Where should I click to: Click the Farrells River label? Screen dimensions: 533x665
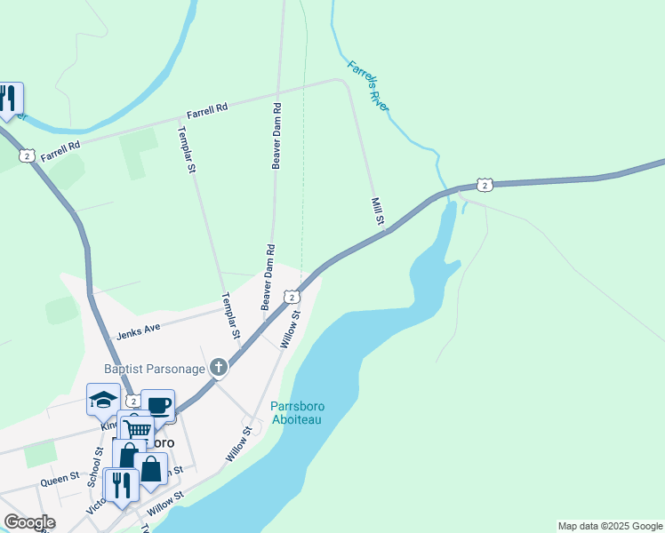pyautogui.click(x=368, y=85)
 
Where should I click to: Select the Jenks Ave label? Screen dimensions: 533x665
pyautogui.click(x=139, y=332)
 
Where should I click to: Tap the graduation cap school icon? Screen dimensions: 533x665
pyautogui.click(x=103, y=400)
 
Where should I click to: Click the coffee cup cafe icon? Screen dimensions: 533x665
pyautogui.click(x=158, y=405)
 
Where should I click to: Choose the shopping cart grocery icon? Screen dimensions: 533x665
pyautogui.click(x=136, y=429)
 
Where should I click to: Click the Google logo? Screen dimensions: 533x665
pyautogui.click(x=29, y=522)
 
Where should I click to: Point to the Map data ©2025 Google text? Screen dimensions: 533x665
pyautogui.click(x=609, y=526)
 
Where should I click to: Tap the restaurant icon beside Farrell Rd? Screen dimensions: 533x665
pyautogui.click(x=8, y=97)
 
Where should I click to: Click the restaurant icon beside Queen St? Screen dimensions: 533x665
pyautogui.click(x=121, y=483)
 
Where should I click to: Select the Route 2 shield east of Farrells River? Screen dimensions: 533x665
pyautogui.click(x=484, y=184)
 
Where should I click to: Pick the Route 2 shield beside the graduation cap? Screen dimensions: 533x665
pyautogui.click(x=132, y=402)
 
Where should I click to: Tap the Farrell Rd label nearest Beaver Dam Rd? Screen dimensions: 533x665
pyautogui.click(x=207, y=110)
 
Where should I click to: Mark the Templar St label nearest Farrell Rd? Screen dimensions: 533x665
pyautogui.click(x=187, y=149)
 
